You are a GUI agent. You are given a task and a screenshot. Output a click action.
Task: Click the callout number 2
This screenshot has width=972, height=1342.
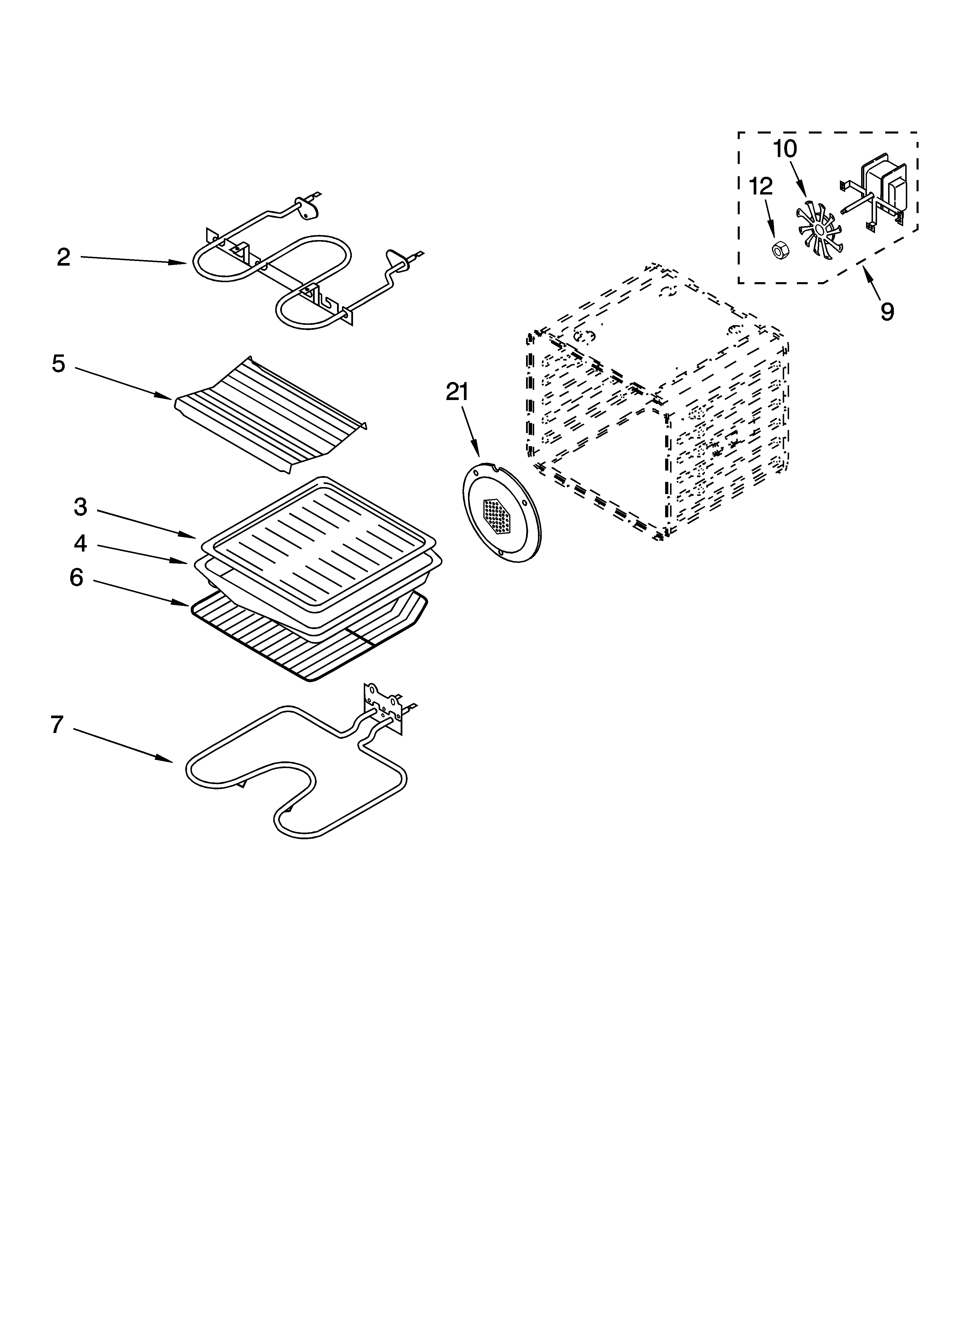click(63, 257)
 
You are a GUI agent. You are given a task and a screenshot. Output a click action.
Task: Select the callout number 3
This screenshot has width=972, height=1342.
click(80, 507)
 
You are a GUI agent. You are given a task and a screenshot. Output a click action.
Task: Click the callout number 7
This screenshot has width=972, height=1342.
click(57, 725)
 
